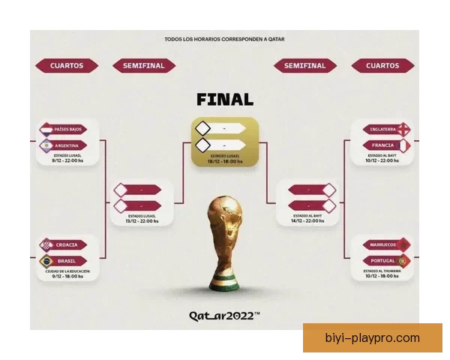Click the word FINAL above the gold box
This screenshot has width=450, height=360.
click(224, 99)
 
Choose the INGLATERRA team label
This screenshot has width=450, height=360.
click(382, 129)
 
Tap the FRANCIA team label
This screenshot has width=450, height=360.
click(382, 145)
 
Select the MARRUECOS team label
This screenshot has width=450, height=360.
click(382, 245)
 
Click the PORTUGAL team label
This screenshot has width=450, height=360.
click(382, 260)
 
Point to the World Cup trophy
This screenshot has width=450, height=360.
click(225, 241)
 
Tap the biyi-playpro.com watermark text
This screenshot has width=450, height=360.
click(373, 337)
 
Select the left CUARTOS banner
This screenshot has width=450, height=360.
click(67, 66)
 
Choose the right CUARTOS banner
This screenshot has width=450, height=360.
click(382, 66)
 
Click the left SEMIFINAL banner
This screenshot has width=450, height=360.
click(142, 66)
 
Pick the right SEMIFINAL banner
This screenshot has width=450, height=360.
click(305, 66)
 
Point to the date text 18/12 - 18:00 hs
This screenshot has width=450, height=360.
click(225, 161)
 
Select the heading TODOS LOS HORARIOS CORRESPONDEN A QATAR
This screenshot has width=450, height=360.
click(224, 39)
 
